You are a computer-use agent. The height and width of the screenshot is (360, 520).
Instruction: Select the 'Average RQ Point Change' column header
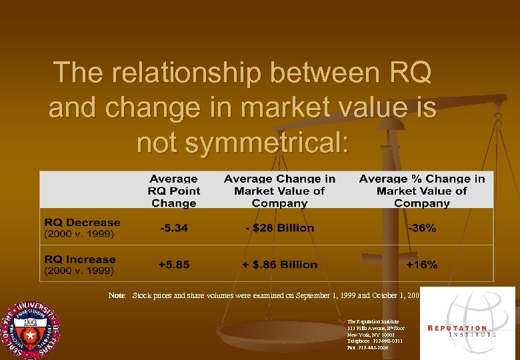tap(173, 191)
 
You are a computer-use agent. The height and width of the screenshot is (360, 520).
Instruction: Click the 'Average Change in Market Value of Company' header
tap(279, 191)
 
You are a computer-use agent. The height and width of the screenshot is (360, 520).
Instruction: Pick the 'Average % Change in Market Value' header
tap(421, 191)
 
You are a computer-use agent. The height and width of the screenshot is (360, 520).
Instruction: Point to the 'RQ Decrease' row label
tap(82, 223)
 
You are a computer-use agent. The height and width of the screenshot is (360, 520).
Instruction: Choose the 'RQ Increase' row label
tap(80, 259)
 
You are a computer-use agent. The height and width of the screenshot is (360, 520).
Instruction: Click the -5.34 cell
tap(173, 228)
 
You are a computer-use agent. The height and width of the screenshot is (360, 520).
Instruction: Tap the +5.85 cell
tap(173, 265)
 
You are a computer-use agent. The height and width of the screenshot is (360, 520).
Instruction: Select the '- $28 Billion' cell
tap(279, 228)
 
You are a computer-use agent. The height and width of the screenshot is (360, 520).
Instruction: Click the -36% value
tap(421, 228)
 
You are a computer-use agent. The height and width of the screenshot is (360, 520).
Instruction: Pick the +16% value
tap(421, 265)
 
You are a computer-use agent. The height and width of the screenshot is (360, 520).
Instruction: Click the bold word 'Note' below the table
tap(117, 294)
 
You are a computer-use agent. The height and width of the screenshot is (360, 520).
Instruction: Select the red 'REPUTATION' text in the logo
tap(457, 328)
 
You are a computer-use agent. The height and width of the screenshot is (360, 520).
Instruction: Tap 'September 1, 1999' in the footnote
tap(303, 294)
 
